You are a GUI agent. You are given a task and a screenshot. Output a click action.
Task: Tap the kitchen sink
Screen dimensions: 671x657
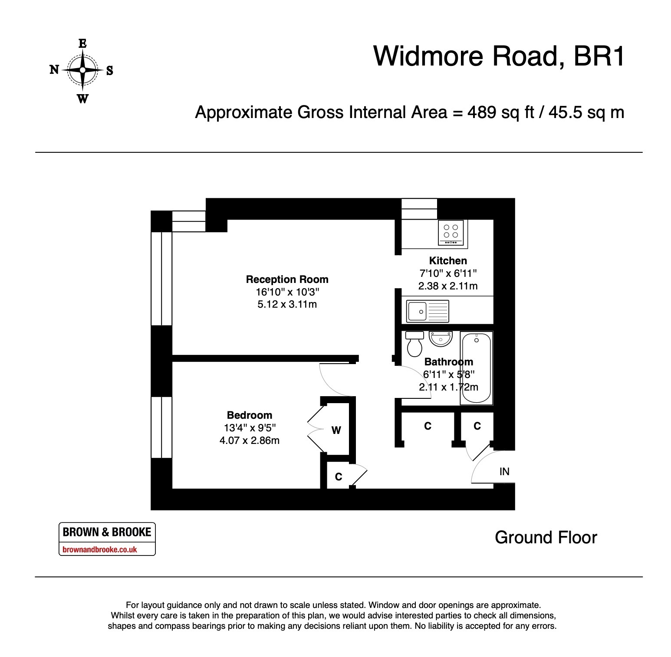coord(428,311)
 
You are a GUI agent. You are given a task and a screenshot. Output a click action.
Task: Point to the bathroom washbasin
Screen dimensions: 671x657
coord(441,338)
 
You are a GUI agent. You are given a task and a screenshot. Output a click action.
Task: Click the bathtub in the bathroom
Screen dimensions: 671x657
coord(476,368)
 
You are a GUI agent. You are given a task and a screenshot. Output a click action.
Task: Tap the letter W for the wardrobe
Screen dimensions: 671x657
coord(336,430)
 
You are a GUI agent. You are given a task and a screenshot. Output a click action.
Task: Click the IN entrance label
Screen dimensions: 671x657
coord(504,472)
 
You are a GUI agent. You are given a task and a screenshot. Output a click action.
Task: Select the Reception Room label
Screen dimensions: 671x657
coord(287,279)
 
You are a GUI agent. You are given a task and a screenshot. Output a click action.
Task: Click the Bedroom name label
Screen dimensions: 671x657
coord(250,415)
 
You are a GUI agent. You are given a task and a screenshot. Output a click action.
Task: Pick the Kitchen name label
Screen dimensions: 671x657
coord(448,261)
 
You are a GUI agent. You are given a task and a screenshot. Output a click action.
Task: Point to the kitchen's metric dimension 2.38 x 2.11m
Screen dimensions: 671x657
coord(448,286)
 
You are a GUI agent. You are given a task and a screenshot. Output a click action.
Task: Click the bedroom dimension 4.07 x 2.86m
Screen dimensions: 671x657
coord(250,441)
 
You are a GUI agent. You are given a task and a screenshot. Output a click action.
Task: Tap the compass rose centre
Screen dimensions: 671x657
coord(82,70)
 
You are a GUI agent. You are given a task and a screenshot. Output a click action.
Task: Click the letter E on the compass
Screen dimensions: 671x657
coord(82,43)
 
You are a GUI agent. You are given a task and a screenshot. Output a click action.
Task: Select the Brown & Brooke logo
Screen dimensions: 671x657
coord(107,539)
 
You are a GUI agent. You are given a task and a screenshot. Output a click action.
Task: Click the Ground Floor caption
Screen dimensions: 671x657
coord(546,538)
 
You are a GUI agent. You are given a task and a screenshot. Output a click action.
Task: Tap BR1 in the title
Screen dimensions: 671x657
coord(599,56)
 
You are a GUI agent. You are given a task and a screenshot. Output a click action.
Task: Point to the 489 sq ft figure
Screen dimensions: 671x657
coord(500,112)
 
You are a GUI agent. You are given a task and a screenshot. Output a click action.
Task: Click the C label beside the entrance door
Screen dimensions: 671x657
coord(477,426)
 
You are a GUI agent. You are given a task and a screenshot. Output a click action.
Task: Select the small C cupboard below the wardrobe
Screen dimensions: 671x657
coord(339,476)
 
